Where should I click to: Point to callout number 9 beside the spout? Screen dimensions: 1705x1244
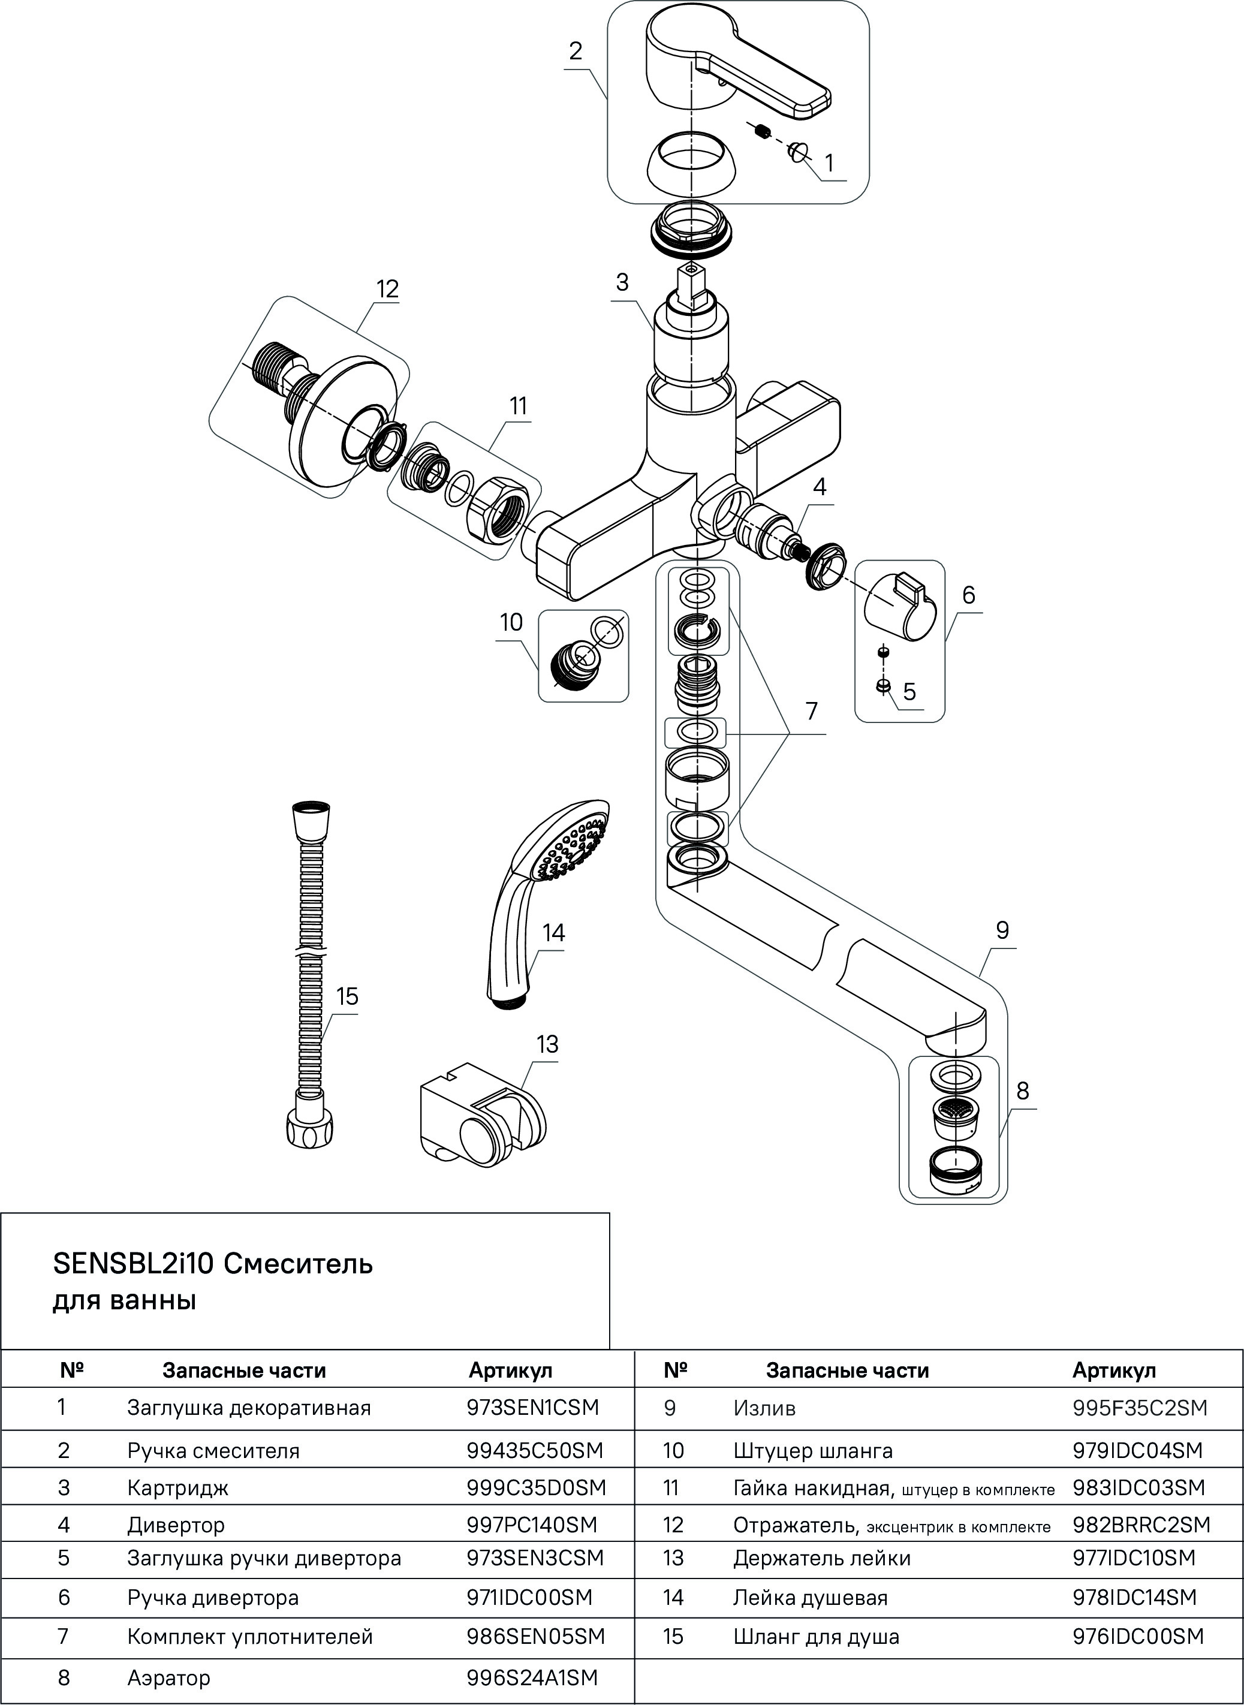(1002, 931)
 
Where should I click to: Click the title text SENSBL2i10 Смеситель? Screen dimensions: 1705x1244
(212, 1264)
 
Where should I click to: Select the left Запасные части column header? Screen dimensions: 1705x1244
(244, 1370)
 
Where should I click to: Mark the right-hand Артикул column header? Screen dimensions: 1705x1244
(1114, 1370)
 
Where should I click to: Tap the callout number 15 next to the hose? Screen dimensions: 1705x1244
(347, 997)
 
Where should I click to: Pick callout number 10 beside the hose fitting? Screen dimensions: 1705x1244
(511, 622)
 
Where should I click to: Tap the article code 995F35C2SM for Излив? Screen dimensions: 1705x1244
(1139, 1408)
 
